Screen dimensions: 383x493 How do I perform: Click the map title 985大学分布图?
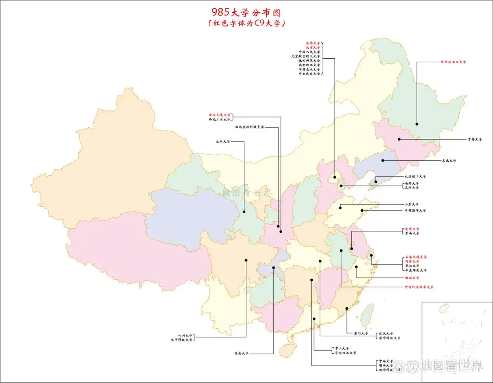click(x=246, y=12)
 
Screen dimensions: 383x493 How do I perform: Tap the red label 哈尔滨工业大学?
click(x=453, y=62)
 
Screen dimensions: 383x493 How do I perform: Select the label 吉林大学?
click(x=474, y=139)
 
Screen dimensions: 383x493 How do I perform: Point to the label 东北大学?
click(x=449, y=161)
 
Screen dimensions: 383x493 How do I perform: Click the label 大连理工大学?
click(x=415, y=176)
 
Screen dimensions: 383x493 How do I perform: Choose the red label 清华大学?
click(x=312, y=43)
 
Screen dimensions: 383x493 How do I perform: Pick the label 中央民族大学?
click(x=309, y=74)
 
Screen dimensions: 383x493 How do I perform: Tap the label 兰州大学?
click(x=223, y=142)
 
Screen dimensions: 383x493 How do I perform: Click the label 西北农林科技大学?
click(x=249, y=127)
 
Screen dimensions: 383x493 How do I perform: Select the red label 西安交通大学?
click(x=220, y=115)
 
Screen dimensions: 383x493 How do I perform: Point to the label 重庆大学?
click(x=241, y=353)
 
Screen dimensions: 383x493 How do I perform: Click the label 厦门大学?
click(x=361, y=333)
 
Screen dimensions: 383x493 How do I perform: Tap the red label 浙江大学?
click(x=412, y=278)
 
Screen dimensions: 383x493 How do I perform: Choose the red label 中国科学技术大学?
click(x=419, y=287)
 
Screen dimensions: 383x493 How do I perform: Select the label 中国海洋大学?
click(x=415, y=211)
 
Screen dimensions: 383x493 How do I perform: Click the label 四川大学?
click(x=185, y=335)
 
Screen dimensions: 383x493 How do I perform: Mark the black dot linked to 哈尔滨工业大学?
click(x=417, y=124)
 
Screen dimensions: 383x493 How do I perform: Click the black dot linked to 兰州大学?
click(x=245, y=211)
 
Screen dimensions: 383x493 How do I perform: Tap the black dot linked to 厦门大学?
click(x=347, y=308)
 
